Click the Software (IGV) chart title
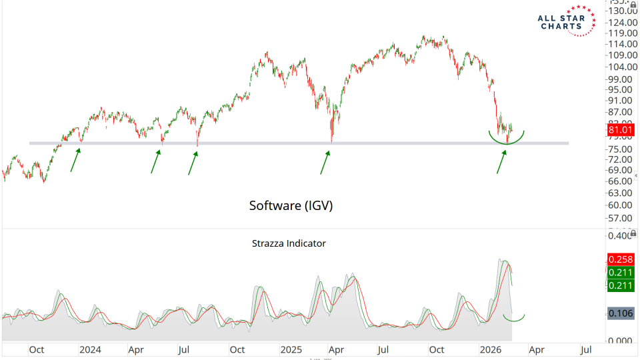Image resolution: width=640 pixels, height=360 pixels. click(291, 206)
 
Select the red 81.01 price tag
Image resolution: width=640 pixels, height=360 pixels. click(621, 129)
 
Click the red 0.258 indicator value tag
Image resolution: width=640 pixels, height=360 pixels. click(621, 259)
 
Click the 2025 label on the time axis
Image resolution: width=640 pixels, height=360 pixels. click(291, 349)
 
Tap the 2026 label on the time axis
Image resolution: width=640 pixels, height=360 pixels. click(491, 349)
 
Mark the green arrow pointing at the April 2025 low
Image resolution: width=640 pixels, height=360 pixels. click(325, 162)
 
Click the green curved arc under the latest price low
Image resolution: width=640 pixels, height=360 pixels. click(507, 138)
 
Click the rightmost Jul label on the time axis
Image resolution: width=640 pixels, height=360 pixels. click(587, 349)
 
